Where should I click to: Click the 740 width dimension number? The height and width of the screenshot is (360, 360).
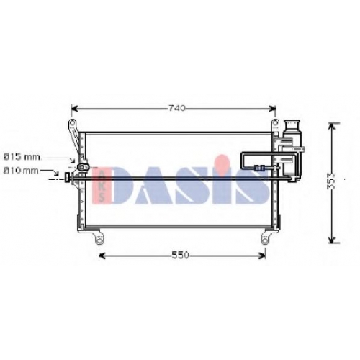click(x=177, y=109)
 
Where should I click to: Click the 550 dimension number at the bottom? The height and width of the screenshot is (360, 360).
click(x=180, y=256)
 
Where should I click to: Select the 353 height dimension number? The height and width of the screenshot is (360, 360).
click(x=331, y=181)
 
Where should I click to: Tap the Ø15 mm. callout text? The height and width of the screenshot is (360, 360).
click(x=23, y=158)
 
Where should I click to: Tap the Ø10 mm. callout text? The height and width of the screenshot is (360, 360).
click(x=22, y=171)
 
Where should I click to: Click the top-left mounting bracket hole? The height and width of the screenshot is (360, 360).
click(x=72, y=122)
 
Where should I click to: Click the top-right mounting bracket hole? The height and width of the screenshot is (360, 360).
click(x=275, y=123)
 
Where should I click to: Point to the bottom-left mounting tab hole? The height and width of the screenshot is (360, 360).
click(x=99, y=240)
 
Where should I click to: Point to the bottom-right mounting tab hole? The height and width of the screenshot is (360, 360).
click(x=264, y=240)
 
